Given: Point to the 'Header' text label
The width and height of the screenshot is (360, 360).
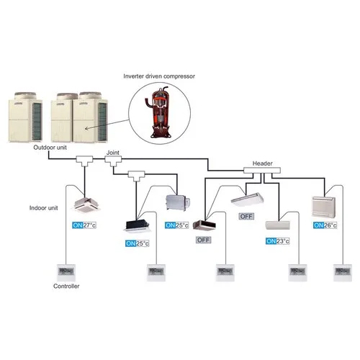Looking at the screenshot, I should pos(262,163).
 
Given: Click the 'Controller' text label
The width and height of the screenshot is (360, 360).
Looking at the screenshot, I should pos(66,287).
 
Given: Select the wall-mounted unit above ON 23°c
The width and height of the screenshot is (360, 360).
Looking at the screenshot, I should pos(278,225).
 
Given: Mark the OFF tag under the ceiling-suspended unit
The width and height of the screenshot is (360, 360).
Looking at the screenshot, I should pos(247,216).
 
